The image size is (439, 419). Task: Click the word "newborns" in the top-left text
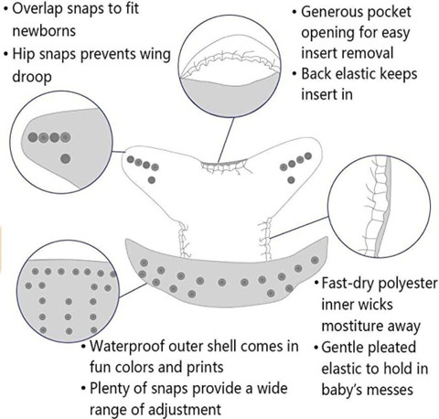pyautogui.click(x=44, y=31)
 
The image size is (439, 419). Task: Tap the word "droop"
pyautogui.click(x=32, y=77)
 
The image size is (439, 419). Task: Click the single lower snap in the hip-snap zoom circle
pyautogui.click(x=65, y=158)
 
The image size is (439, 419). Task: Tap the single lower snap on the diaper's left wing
pyautogui.click(x=152, y=180)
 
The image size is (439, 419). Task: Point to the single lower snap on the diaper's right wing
pyautogui.click(x=291, y=180)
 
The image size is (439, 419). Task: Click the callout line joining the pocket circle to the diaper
pyautogui.click(x=226, y=140)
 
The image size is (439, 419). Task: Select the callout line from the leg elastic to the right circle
pyautogui.click(x=299, y=227)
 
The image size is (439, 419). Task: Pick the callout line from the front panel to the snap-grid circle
pyautogui.click(x=133, y=290)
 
